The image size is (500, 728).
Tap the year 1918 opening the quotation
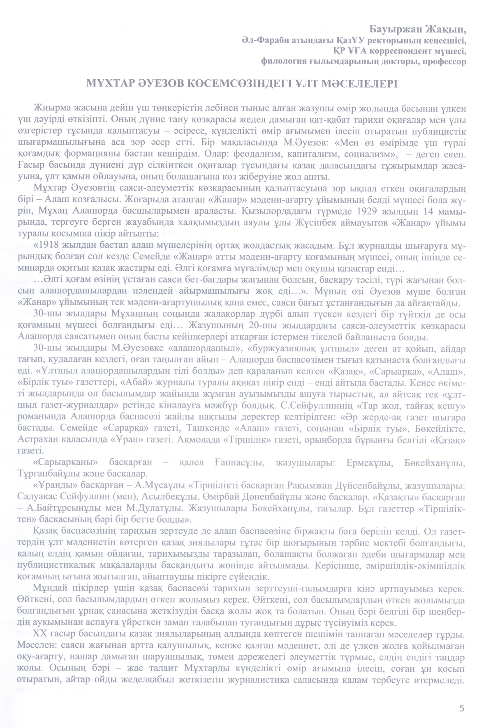click(48, 246)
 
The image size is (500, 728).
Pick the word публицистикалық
click(54, 566)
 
